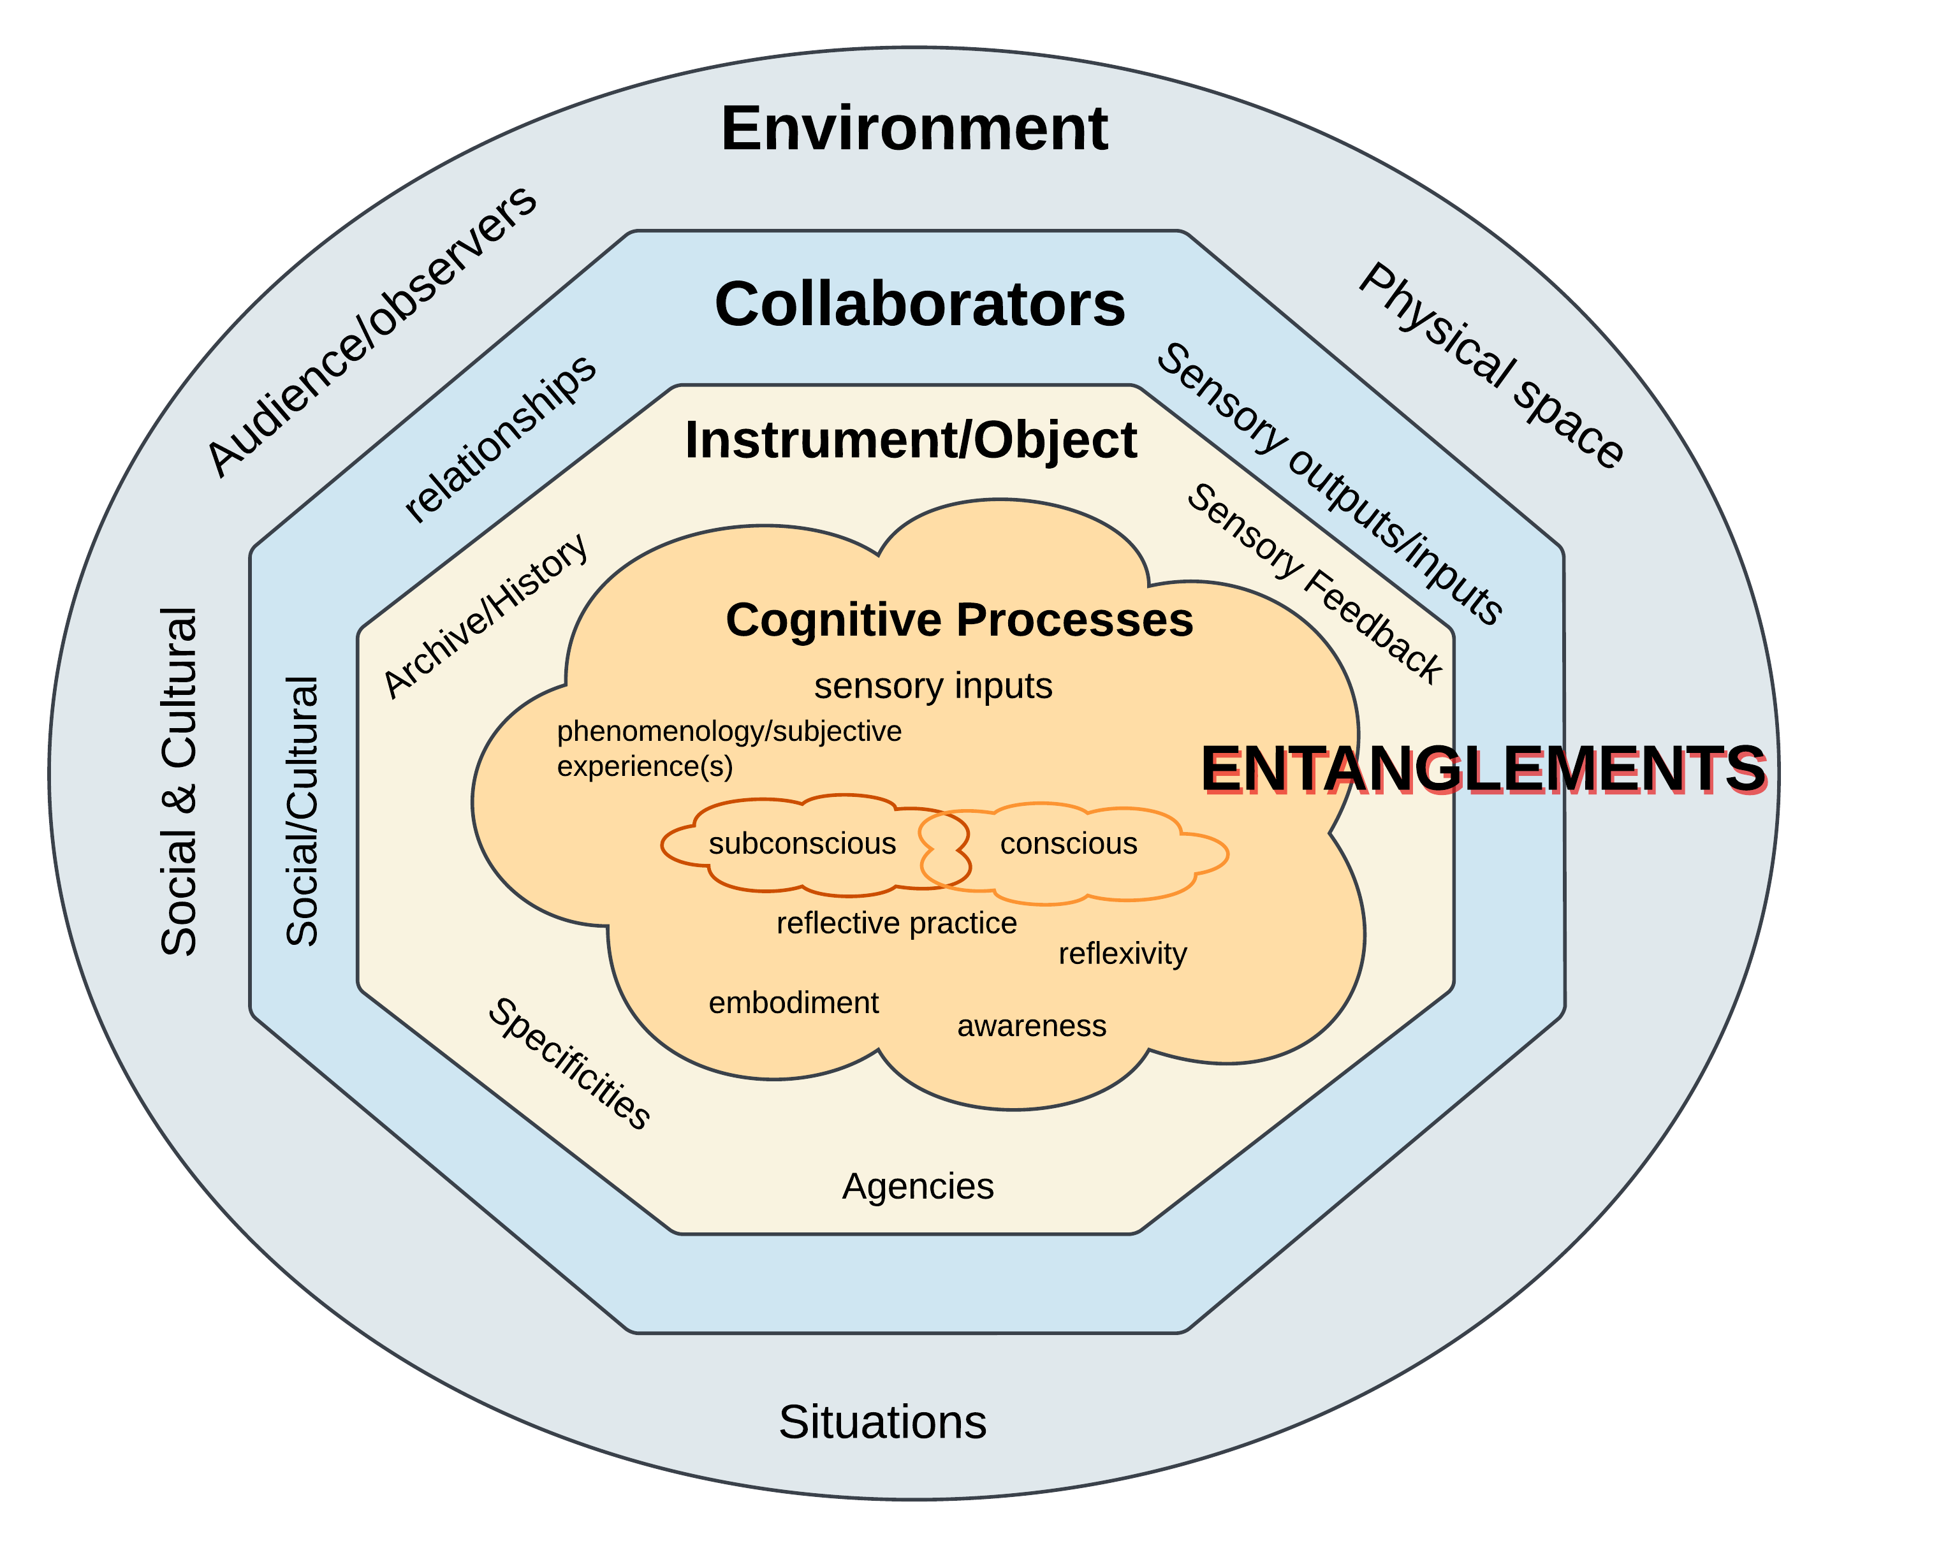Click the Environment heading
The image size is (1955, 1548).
pos(914,129)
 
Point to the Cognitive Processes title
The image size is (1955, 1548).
pos(959,621)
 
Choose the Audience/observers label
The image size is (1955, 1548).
pos(372,332)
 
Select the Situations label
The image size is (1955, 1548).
pos(882,1421)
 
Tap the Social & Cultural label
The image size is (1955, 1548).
pos(179,781)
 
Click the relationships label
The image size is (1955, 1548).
pos(499,439)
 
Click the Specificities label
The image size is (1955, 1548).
pos(569,1063)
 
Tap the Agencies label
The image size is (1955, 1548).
pos(917,1185)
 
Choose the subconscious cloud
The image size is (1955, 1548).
pos(802,843)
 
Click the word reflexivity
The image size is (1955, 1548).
pos(1122,953)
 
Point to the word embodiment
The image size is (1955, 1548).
pos(793,1002)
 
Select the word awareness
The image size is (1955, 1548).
pos(1032,1026)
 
